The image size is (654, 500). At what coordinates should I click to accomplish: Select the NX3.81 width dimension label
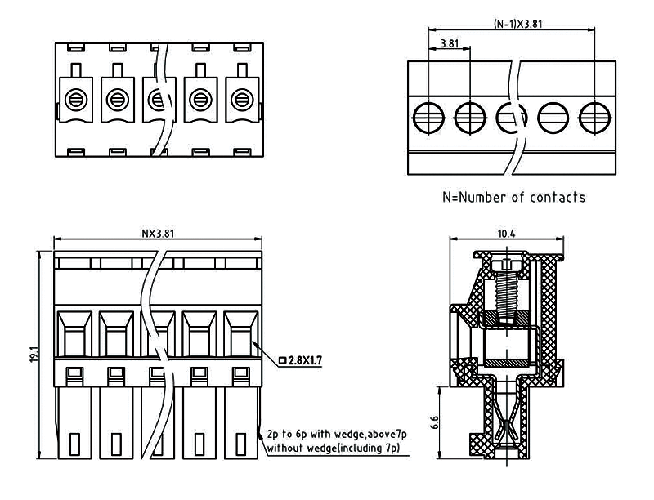158,234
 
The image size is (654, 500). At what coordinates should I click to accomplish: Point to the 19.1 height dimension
34,355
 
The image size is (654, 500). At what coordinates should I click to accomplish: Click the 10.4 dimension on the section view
507,234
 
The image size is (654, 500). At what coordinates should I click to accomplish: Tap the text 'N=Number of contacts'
513,197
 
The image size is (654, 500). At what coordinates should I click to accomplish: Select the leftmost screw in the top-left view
74,100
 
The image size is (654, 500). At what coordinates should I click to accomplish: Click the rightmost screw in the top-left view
240,100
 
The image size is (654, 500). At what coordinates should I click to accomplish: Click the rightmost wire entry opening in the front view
240,335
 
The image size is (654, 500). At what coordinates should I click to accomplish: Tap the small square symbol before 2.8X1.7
283,359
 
